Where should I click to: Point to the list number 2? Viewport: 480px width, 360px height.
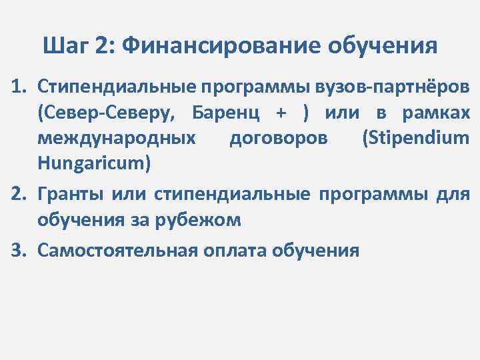pyautogui.click(x=16, y=194)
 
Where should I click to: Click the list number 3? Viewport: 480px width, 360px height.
pyautogui.click(x=16, y=250)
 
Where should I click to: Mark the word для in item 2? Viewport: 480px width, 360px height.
pyautogui.click(x=455, y=194)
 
